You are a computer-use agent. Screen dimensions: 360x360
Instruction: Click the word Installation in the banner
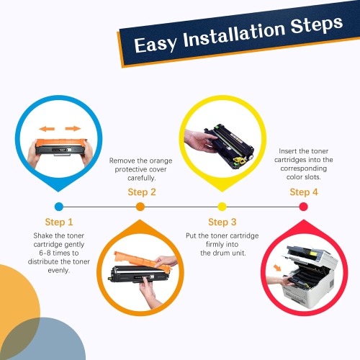point(234,35)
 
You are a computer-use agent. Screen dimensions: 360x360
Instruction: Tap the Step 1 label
point(59,222)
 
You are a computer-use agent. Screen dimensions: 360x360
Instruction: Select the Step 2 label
point(142,192)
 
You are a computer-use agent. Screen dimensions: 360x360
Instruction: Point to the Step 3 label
point(222,222)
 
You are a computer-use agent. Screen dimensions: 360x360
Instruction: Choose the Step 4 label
point(304,192)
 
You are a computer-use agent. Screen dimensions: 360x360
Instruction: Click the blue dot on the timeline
point(59,207)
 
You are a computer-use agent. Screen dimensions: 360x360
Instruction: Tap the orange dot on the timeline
point(140,207)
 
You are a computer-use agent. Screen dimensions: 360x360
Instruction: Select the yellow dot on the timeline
point(222,207)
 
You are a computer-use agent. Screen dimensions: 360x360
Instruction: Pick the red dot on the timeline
point(304,207)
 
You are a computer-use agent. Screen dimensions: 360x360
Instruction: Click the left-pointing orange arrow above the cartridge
point(47,129)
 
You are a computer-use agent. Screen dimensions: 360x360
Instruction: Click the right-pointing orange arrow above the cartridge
point(73,129)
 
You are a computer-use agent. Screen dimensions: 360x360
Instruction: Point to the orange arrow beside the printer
point(277,268)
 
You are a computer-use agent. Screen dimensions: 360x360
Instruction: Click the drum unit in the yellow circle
point(229,146)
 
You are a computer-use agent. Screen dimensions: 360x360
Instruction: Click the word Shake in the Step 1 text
point(42,235)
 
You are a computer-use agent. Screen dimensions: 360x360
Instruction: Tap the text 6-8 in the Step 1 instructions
point(45,253)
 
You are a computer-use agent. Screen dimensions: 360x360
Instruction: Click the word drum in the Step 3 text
point(221,253)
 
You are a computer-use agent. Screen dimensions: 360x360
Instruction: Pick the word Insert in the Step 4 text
point(287,151)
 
